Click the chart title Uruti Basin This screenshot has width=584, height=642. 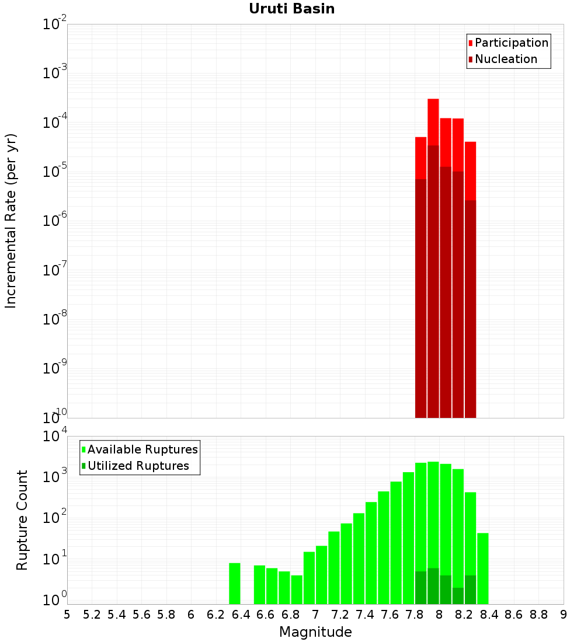coord(291,9)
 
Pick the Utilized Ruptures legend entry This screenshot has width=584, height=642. coord(138,466)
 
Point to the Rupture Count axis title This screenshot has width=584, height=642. coord(22,520)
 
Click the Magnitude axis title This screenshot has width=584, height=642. coord(315,632)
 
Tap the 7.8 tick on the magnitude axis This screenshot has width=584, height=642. coord(415,615)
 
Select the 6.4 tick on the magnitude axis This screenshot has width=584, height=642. coord(241,615)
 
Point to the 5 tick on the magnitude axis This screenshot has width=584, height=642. coord(67,615)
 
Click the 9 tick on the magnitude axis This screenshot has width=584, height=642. coord(563,615)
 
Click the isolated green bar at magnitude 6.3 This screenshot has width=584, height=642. coord(234,584)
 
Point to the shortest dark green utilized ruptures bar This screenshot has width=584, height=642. coord(458,596)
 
